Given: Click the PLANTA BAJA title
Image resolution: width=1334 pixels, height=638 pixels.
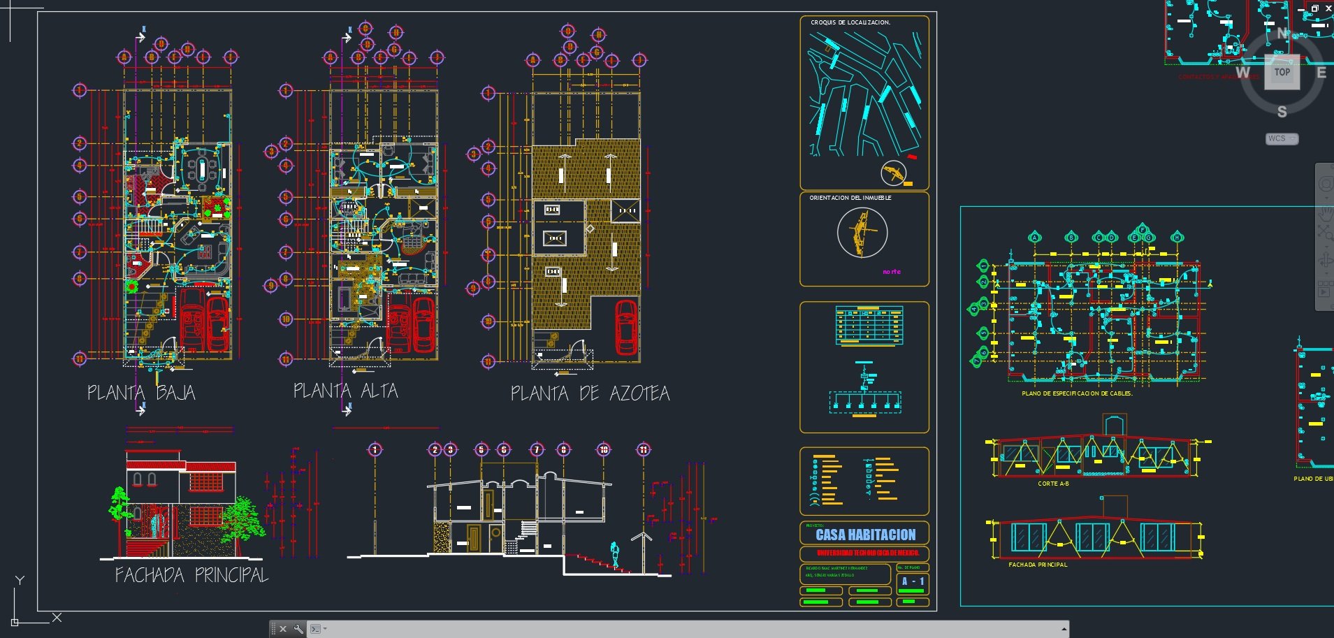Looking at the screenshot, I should (141, 393).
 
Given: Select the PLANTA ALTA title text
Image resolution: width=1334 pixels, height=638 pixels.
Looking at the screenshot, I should (345, 391).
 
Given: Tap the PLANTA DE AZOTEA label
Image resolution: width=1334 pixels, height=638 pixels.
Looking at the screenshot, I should (590, 394).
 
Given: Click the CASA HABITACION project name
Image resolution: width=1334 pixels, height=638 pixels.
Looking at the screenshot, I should (865, 535).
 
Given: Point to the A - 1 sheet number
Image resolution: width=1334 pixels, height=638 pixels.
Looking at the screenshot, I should (913, 581).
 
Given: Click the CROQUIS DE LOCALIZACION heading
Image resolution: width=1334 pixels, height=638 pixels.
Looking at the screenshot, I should (850, 22).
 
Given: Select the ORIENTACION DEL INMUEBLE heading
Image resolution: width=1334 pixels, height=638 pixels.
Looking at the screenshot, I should (850, 198).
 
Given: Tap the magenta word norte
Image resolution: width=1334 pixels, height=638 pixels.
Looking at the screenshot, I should (892, 272).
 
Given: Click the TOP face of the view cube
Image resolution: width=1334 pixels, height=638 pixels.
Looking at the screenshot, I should (1282, 72).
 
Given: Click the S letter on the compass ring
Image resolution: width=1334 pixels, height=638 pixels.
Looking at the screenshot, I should (1282, 112).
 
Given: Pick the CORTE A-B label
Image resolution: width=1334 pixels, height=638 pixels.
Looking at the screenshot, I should (1053, 484).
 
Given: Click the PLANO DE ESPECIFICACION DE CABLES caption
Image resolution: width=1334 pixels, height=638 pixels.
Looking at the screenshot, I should (1077, 393).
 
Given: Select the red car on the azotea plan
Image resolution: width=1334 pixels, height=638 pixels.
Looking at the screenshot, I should (626, 326).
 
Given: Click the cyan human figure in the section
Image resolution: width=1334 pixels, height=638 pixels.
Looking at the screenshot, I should (615, 554).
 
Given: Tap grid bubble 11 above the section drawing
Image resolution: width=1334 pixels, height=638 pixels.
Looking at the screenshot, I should (643, 449).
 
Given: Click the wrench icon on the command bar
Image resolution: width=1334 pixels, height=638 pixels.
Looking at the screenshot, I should (298, 629).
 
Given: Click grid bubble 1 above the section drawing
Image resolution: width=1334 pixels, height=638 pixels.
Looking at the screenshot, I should (375, 449).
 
